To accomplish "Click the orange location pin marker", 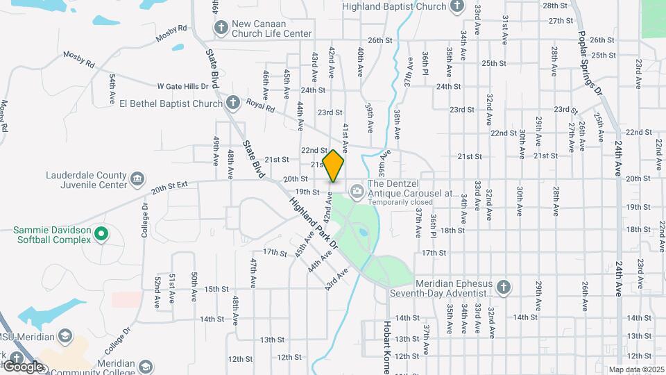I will click(x=333, y=165).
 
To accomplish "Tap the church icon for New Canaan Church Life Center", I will click(x=221, y=28).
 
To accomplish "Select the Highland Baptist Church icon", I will click(x=456, y=7).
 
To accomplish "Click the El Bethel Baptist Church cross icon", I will click(x=234, y=103).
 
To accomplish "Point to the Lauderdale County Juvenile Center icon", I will click(x=137, y=179).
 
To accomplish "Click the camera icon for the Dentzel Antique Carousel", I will click(x=357, y=190).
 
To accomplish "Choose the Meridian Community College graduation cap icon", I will click(x=146, y=366).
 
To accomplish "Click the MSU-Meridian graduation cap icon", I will click(x=65, y=337).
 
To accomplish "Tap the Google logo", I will click(x=22, y=366).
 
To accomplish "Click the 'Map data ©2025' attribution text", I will click(x=635, y=369).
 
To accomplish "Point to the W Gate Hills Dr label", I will click(x=182, y=86).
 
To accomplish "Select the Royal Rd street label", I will click(x=261, y=108).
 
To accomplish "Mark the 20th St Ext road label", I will click(x=170, y=187).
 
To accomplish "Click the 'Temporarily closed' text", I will click(x=400, y=202).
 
